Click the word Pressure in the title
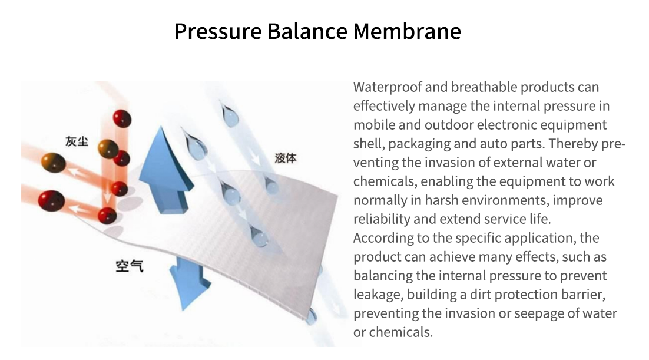click(x=218, y=31)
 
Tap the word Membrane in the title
click(x=407, y=31)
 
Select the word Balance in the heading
click(x=307, y=31)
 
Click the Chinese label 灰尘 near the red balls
click(x=77, y=141)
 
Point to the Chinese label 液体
click(x=286, y=158)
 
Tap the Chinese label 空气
click(x=130, y=266)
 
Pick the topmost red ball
click(x=122, y=119)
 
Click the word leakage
click(x=378, y=295)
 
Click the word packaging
click(x=419, y=144)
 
